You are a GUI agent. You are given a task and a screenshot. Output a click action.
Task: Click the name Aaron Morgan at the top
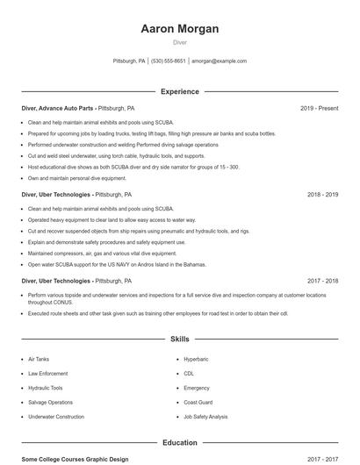pos(179,29)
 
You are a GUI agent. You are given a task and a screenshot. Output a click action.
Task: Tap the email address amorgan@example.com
pos(219,61)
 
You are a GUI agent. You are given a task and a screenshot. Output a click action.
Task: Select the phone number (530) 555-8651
pos(169,61)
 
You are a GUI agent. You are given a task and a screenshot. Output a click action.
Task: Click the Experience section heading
pos(179,91)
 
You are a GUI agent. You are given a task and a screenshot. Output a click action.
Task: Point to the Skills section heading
pos(179,338)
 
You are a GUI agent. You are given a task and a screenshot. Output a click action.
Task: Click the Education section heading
pos(179,443)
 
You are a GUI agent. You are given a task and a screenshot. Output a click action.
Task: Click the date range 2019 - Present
pos(319,108)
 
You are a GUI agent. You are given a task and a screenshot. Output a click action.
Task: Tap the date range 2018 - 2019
pos(322,195)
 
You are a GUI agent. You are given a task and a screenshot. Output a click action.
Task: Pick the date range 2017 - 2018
pos(322,281)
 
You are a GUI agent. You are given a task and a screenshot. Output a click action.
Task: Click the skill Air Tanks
pos(40,359)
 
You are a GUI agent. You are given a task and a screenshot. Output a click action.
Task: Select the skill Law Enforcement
pos(47,373)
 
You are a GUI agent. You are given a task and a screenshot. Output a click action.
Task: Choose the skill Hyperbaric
pos(196,359)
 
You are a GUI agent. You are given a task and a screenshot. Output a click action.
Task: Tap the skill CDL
pos(189,373)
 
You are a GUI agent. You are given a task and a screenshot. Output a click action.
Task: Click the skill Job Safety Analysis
pos(205,417)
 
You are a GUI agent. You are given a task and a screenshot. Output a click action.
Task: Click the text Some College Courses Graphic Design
pos(75,459)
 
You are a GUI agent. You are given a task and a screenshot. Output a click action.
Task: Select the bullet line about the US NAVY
pos(117,263)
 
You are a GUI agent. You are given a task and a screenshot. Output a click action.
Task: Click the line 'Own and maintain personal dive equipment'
pos(83,177)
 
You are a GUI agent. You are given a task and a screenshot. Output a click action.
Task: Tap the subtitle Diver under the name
pos(179,42)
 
